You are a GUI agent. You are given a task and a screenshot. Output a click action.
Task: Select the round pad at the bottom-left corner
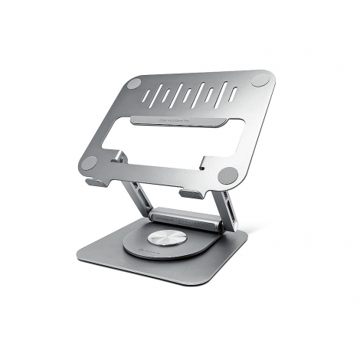(89, 162)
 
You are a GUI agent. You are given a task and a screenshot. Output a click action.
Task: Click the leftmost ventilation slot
(159, 98)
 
